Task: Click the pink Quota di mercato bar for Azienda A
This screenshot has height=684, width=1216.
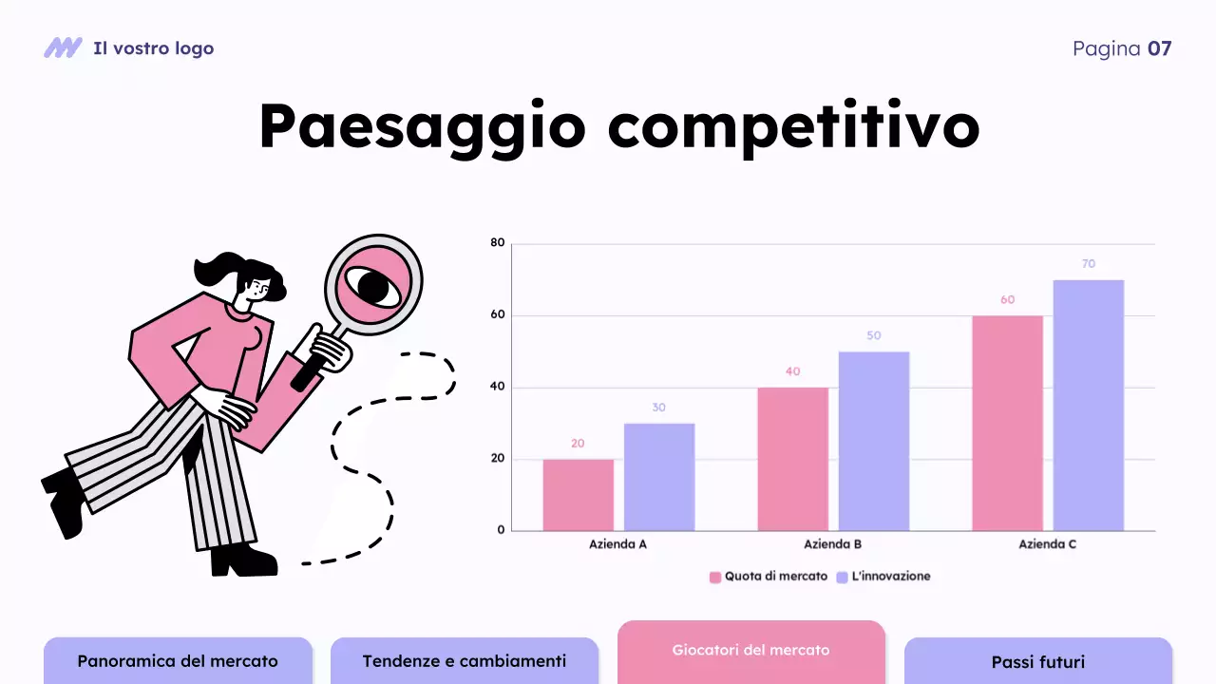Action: pyautogui.click(x=578, y=495)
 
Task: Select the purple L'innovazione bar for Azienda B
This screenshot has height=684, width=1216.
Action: pyautogui.click(x=874, y=441)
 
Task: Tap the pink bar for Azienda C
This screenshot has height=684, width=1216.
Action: pyautogui.click(x=1007, y=423)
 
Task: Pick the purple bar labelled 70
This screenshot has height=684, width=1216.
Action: pyautogui.click(x=1088, y=405)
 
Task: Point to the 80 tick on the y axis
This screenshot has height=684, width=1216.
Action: pyautogui.click(x=498, y=243)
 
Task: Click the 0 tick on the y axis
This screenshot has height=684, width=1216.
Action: pyautogui.click(x=501, y=530)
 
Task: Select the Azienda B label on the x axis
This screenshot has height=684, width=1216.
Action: pyautogui.click(x=832, y=545)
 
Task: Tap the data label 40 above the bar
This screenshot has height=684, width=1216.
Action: pyautogui.click(x=792, y=371)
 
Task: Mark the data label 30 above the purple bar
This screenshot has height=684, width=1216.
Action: pyautogui.click(x=658, y=408)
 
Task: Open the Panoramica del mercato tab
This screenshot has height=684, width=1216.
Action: pyautogui.click(x=178, y=661)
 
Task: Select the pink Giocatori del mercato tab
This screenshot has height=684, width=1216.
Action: pyautogui.click(x=750, y=651)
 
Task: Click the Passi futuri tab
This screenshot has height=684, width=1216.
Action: pyautogui.click(x=1037, y=662)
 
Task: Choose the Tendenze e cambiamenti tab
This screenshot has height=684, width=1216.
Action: pyautogui.click(x=464, y=661)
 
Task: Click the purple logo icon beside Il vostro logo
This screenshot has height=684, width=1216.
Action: pyautogui.click(x=63, y=47)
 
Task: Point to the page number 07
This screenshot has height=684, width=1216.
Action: pyautogui.click(x=1159, y=48)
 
